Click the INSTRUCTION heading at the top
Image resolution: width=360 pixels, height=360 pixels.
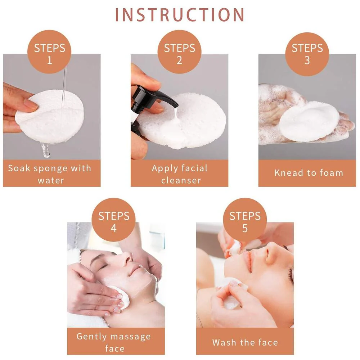click(x=180, y=15)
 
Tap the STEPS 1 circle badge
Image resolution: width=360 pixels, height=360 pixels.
click(x=49, y=51)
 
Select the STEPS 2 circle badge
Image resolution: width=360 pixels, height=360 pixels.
click(x=179, y=51)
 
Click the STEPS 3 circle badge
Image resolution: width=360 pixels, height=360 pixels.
click(x=307, y=54)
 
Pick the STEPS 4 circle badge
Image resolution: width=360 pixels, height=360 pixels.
click(x=113, y=220)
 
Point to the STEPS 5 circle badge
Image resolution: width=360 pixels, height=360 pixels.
click(x=245, y=220)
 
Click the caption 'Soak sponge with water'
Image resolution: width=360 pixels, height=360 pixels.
click(x=50, y=174)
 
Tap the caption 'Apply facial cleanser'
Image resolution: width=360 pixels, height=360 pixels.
click(x=180, y=174)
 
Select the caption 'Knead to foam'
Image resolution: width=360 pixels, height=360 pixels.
click(x=309, y=173)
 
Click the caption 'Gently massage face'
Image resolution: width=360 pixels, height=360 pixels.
click(x=114, y=342)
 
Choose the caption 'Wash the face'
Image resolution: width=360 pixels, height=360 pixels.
click(x=245, y=342)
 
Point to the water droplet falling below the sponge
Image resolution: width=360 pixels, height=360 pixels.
click(x=45, y=150)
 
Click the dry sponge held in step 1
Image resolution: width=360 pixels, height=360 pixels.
click(x=49, y=117)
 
